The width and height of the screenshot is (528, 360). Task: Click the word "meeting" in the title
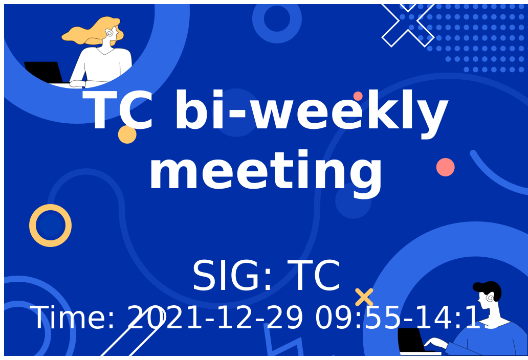tap(266, 171)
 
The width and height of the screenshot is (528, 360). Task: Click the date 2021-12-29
tap(215, 318)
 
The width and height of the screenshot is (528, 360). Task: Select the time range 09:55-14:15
tap(404, 318)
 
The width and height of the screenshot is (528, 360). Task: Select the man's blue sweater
tap(491, 340)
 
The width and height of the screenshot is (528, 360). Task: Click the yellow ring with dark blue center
tap(50, 226)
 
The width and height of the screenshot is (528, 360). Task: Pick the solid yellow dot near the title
tap(127, 134)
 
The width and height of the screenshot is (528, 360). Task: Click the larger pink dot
tap(445, 167)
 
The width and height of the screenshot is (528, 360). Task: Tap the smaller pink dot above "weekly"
tap(358, 96)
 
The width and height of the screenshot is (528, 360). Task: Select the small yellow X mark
tap(364, 297)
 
